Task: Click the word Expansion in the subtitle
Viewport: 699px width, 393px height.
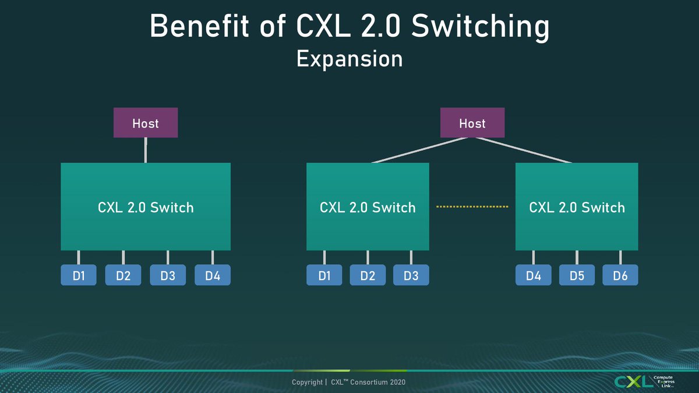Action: coord(349,59)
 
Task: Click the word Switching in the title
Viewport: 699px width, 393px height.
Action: coord(480,27)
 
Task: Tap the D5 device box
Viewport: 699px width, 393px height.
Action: coord(577,275)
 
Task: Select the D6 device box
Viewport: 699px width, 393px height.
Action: coord(620,275)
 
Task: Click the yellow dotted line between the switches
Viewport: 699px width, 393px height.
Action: coord(472,207)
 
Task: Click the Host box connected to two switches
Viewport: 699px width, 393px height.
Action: coord(472,123)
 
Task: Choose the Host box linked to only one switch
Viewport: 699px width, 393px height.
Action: coord(146,123)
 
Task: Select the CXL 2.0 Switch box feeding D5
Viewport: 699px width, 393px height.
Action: coord(577,207)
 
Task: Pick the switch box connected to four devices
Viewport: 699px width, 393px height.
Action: coord(146,207)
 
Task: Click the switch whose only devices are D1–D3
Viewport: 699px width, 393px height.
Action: coord(368,207)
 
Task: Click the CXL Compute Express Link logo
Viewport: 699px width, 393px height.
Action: coord(645,381)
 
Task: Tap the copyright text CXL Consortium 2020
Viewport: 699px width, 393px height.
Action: coord(368,382)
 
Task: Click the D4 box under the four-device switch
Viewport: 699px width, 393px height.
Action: coord(213,275)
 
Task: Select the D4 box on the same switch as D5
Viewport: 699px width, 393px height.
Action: coord(534,275)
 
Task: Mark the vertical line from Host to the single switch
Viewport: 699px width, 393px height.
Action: coord(146,150)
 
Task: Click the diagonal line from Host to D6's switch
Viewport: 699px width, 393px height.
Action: coord(524,150)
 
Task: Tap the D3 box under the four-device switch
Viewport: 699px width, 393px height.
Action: coord(168,275)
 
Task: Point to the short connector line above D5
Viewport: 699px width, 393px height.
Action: coord(577,257)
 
